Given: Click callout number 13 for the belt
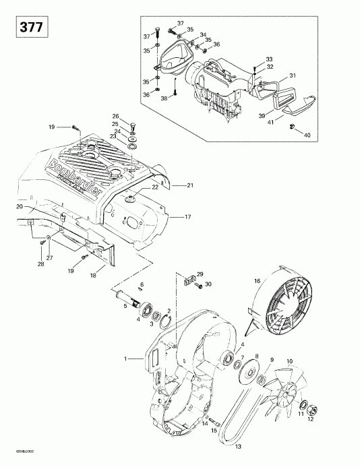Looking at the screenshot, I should (237, 446).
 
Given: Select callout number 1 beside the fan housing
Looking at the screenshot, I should (125, 360).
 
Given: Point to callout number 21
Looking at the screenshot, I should (190, 184).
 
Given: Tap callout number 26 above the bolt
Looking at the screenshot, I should (116, 116).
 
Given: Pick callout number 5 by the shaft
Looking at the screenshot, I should (125, 306).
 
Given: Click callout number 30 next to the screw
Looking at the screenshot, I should (208, 284).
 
